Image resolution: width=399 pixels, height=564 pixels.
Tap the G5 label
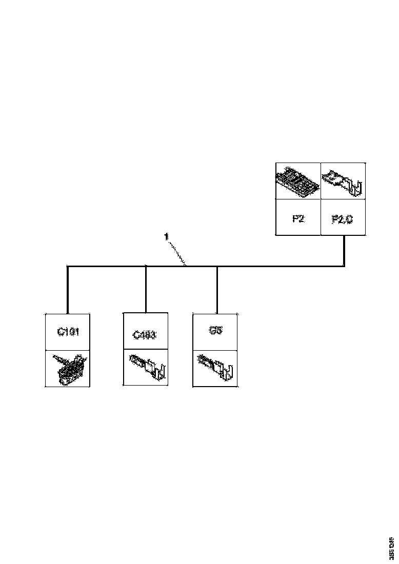point(216,331)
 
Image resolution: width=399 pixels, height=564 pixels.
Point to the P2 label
point(298,218)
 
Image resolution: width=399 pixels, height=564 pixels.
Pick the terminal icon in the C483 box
point(147,367)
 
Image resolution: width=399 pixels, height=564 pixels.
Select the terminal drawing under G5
point(215,367)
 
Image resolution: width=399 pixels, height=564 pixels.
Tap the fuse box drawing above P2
point(298,182)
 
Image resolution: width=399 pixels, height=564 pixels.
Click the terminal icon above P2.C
point(343,182)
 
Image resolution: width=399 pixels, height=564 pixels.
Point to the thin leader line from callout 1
point(177,252)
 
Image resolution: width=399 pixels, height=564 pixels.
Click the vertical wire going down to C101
point(68,290)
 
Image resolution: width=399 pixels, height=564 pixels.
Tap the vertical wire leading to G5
point(217,290)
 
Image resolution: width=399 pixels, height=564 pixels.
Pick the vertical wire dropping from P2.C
point(344,251)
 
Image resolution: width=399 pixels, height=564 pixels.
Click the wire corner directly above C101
point(68,266)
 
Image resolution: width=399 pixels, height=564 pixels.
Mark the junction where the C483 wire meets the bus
point(146,266)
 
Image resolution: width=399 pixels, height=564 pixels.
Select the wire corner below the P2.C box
point(344,266)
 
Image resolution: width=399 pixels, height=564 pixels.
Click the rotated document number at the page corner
point(391,548)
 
